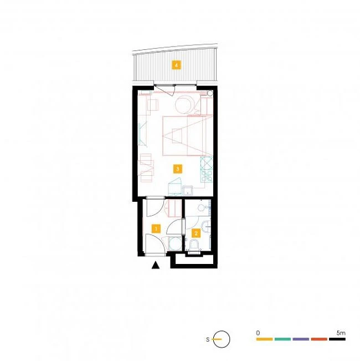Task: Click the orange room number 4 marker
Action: point(176,65)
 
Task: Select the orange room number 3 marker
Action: point(177,169)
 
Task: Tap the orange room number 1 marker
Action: point(156,229)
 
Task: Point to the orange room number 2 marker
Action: point(196,233)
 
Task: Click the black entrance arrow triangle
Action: point(156,265)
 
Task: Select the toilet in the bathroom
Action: point(194,245)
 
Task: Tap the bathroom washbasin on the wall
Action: point(206,226)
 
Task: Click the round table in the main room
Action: point(183,105)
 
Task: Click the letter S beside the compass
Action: point(208,339)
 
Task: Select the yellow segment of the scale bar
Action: point(264,339)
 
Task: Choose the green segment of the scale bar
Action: point(282,339)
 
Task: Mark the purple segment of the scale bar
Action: point(301,339)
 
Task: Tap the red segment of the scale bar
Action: point(319,339)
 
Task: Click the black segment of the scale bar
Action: point(337,339)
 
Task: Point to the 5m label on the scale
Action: point(341,333)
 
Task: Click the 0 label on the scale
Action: point(258,333)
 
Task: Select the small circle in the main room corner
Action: point(210,93)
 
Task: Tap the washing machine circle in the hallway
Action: point(175,243)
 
